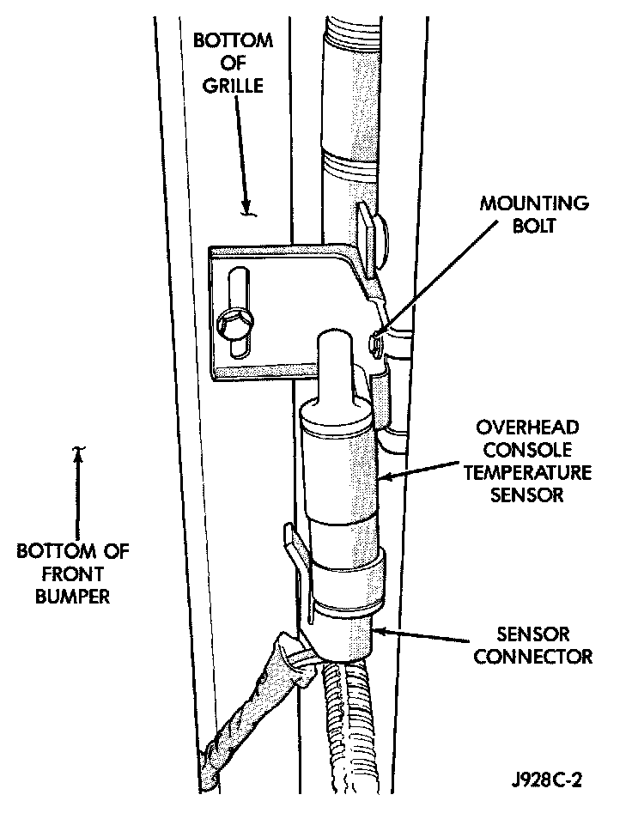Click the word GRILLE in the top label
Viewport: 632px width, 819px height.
point(221,86)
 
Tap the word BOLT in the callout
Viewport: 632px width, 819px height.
point(546,227)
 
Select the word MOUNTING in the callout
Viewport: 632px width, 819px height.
point(546,205)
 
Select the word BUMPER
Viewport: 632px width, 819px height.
point(73,595)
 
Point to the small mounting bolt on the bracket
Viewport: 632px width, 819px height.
point(375,344)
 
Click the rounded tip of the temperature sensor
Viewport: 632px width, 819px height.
point(334,343)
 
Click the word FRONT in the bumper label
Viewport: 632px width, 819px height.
point(73,573)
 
